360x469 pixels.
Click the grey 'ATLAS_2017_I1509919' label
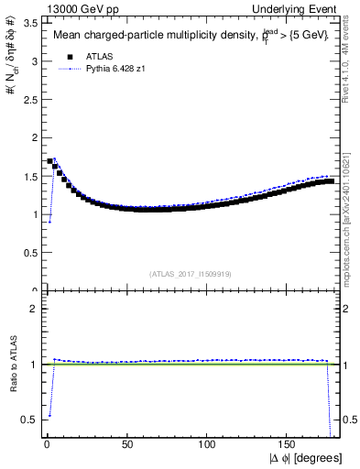[191, 273]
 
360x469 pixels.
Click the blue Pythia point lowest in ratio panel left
[49, 415]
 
